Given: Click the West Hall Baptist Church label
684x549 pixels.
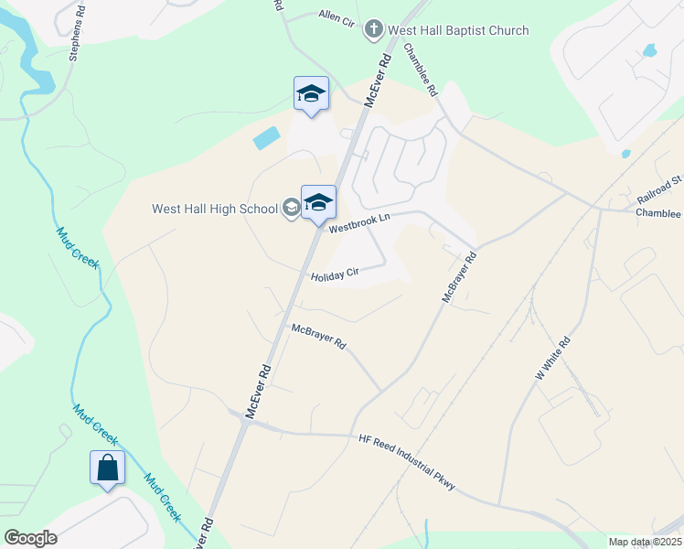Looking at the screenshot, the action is click(x=458, y=30).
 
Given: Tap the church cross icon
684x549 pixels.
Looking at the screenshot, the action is click(x=373, y=30).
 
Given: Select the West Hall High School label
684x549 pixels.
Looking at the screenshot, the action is click(x=215, y=209).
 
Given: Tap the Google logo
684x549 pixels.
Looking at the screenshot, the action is click(x=29, y=537).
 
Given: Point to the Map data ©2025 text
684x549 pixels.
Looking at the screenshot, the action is click(x=645, y=542).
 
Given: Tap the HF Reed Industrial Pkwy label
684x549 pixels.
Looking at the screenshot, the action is click(x=407, y=463).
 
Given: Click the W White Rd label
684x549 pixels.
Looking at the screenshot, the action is click(x=553, y=358).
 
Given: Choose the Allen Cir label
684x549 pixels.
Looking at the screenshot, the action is click(x=336, y=16).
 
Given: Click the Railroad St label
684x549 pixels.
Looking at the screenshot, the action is click(x=661, y=188).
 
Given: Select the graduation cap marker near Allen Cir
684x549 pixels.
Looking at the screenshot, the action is click(x=311, y=93).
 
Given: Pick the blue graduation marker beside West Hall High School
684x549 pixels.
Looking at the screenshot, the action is click(x=318, y=202).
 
